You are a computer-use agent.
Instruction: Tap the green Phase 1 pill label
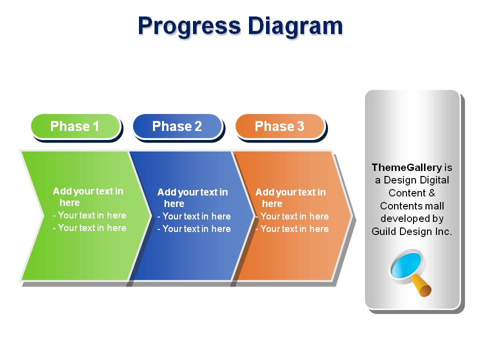click(75, 126)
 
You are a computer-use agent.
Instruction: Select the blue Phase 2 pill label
click(177, 126)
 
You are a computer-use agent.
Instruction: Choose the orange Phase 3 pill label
click(280, 126)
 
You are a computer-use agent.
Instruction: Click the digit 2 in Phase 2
click(198, 126)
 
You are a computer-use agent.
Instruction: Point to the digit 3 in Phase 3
click(300, 126)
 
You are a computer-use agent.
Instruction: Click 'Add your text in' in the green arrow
click(88, 191)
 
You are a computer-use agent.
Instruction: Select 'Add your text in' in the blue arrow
click(192, 192)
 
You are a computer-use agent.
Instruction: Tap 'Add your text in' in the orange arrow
click(290, 192)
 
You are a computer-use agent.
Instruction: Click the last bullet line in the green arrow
click(89, 228)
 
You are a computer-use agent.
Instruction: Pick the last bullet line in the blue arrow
click(194, 229)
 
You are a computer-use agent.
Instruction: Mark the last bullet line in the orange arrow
click(292, 229)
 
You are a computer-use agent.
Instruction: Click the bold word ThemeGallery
click(407, 168)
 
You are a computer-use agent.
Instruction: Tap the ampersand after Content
click(432, 193)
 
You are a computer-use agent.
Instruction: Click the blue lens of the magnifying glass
click(406, 265)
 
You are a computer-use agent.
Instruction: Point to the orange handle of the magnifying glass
click(422, 286)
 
